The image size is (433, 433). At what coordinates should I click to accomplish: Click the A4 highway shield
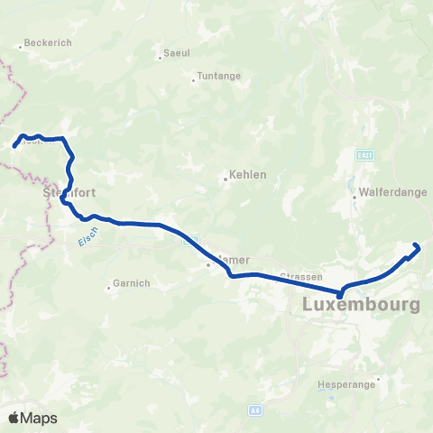point(255,410)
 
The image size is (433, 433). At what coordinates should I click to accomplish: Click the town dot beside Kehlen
point(226,179)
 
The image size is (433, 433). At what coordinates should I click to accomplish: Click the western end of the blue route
point(14,144)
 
